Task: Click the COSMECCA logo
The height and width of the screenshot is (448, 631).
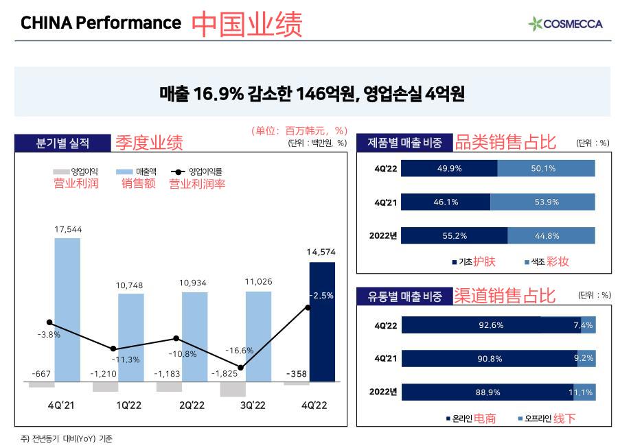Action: (x=565, y=24)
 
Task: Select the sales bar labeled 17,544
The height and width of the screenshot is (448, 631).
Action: (x=67, y=309)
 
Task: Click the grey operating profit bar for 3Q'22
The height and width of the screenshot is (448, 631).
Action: (x=233, y=389)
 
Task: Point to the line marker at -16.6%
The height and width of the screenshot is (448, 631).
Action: (x=240, y=368)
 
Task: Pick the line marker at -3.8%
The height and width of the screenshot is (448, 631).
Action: (x=49, y=322)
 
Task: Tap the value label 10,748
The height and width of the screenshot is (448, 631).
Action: (x=131, y=285)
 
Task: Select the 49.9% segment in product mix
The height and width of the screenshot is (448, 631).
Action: (x=449, y=169)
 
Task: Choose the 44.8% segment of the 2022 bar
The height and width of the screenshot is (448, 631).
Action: (x=551, y=235)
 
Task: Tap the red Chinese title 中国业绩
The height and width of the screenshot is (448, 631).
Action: (x=246, y=24)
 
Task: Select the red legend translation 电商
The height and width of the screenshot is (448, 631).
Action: (x=485, y=418)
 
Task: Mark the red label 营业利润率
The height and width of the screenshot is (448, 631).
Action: (x=197, y=183)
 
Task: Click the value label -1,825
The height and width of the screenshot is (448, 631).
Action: (x=227, y=374)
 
